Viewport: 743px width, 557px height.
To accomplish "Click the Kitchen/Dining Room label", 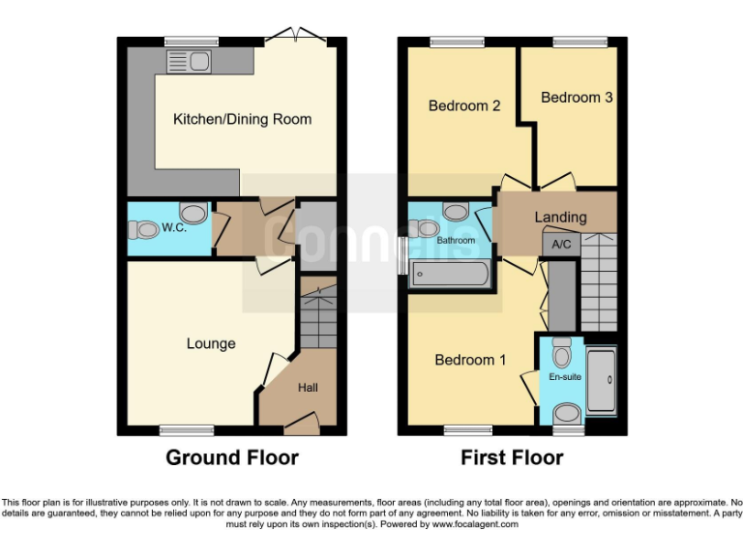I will (242, 120).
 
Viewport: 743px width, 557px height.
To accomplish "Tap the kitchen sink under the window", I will (190, 62).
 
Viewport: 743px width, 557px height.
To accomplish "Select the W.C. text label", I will (174, 229).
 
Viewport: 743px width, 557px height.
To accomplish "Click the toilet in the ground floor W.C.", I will (143, 230).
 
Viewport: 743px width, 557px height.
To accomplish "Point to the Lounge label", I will (211, 343).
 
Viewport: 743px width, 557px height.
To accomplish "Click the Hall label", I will (308, 388).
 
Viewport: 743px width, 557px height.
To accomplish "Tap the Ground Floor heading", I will (232, 457).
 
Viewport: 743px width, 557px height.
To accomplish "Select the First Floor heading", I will (511, 457).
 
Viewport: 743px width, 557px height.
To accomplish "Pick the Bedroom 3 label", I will (577, 98).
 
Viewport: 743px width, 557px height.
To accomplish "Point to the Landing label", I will (560, 217).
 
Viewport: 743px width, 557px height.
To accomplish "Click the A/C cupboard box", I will (560, 246).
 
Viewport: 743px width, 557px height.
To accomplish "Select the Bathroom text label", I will (455, 240).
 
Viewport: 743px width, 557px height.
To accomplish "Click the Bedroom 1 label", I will (470, 360).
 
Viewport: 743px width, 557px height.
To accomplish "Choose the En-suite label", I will (565, 377).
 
